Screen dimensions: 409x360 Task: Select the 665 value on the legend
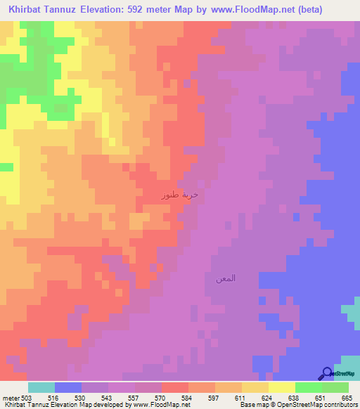(347, 398)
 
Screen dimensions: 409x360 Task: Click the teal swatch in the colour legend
(41, 387)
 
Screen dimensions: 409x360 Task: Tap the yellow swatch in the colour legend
(282, 387)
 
